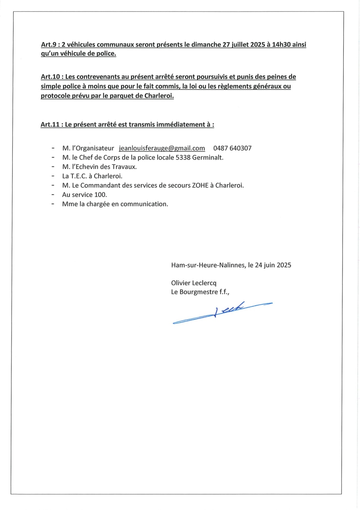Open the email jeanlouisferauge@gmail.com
[x=162, y=148]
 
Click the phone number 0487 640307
[x=232, y=148]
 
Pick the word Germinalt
[x=208, y=157]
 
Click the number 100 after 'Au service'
[x=101, y=195]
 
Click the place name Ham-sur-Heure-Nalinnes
[x=208, y=265]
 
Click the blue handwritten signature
[x=223, y=312]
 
